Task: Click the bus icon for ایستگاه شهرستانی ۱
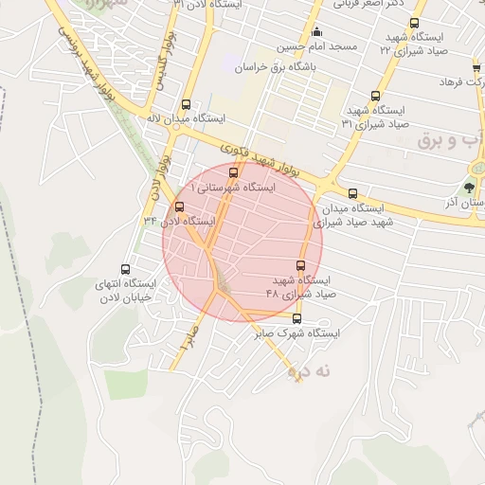(x=234, y=172)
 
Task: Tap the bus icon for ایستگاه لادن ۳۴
(x=180, y=207)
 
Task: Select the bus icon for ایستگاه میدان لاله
(x=186, y=105)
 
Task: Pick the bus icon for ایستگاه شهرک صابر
(x=296, y=318)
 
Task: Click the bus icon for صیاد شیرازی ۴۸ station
(x=302, y=266)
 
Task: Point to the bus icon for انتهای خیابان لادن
(x=125, y=269)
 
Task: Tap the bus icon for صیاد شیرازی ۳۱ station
(x=376, y=96)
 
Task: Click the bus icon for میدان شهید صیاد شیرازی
(x=352, y=192)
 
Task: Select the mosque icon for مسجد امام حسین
(x=316, y=31)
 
